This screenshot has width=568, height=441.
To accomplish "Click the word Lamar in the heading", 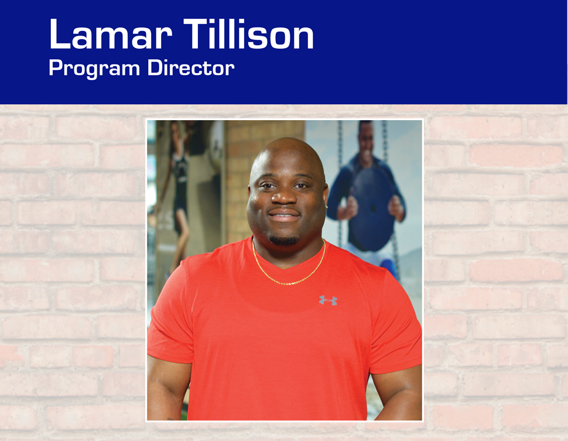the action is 111,34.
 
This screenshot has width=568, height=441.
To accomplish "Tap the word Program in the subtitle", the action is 94,69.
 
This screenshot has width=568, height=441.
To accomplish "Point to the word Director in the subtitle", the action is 191,67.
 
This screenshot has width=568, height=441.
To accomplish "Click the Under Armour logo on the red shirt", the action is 328,300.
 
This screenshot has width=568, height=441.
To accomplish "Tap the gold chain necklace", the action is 289,268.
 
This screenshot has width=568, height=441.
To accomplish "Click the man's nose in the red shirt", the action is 284,196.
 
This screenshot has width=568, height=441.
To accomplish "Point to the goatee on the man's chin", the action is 283,240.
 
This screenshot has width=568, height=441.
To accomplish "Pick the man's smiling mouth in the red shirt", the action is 283,216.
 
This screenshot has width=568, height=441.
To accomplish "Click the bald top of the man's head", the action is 286,151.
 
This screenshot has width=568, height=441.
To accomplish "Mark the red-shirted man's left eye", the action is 301,186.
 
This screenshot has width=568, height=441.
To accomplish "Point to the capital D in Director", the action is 155,67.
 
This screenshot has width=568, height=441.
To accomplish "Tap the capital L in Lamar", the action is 59,34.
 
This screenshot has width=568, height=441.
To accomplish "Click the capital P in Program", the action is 55,67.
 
